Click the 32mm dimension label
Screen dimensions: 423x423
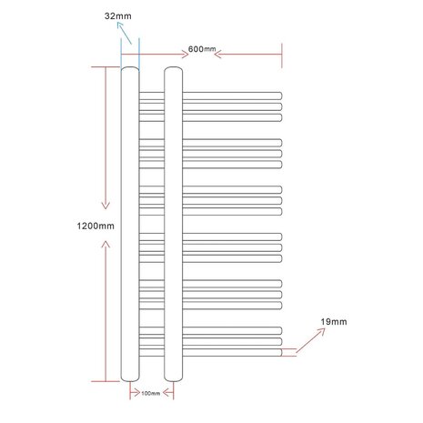pyautogui.click(x=117, y=16)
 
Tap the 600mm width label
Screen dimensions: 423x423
pyautogui.click(x=203, y=48)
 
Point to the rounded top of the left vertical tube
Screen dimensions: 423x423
pyautogui.click(x=129, y=70)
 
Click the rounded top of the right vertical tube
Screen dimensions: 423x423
pyautogui.click(x=174, y=70)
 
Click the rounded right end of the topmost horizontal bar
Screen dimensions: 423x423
pyautogui.click(x=280, y=95)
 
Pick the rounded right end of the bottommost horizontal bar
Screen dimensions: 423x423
pyautogui.click(x=280, y=350)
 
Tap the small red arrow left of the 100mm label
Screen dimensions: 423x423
pyautogui.click(x=126, y=392)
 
